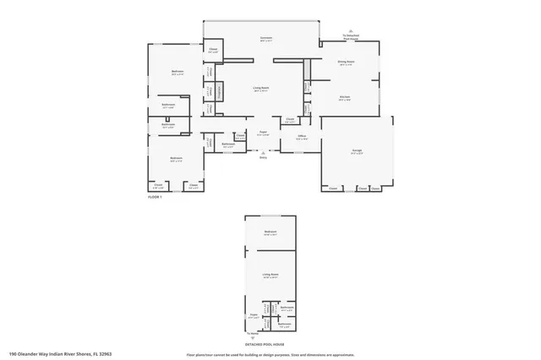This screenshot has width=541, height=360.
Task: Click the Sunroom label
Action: [x=265, y=39]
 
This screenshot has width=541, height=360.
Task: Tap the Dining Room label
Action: [x=346, y=62]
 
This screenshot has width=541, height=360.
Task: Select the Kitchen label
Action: [x=345, y=97]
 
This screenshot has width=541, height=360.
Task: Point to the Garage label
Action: [x=358, y=150]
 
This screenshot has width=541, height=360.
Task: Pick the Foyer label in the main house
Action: [x=263, y=132]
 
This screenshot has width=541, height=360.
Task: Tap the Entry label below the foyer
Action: [x=263, y=157]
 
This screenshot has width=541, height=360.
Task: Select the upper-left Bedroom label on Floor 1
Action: [x=178, y=72]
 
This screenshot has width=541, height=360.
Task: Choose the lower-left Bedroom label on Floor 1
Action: [x=175, y=159]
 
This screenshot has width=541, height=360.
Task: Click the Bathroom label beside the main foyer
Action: [x=228, y=144]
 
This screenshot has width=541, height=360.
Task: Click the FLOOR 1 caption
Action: [x=155, y=196]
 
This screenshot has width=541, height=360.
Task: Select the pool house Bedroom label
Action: [x=270, y=232]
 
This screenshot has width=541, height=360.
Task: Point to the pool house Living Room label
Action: [x=270, y=275]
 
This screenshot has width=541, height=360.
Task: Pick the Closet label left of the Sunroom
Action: [x=212, y=51]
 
